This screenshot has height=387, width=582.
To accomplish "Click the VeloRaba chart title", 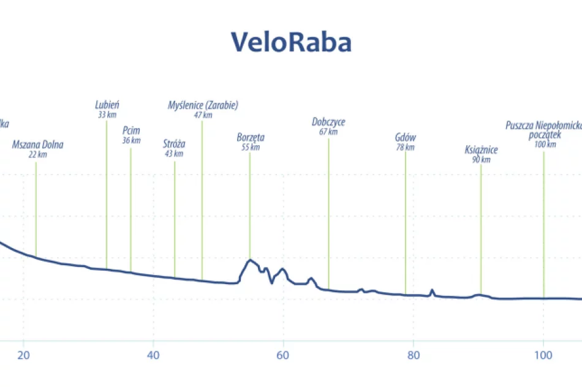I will (x=291, y=42).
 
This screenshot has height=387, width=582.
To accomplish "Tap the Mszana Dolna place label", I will (x=38, y=145).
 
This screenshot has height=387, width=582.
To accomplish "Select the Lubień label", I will (x=107, y=105).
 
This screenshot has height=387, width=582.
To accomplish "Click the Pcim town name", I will (x=131, y=130).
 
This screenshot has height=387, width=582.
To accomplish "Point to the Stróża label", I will (x=174, y=144).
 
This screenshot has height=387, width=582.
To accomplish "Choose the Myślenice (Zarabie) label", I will (x=203, y=105).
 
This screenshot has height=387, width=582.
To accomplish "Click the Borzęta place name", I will (x=251, y=137).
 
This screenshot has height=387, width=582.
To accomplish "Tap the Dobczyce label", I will (x=328, y=122).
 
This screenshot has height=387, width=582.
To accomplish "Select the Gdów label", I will (x=406, y=137).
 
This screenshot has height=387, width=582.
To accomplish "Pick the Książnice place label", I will (x=481, y=150).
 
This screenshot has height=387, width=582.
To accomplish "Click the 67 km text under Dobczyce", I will (x=328, y=132).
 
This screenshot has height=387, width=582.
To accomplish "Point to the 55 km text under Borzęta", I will (x=251, y=147).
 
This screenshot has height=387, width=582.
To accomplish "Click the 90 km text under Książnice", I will (x=481, y=160).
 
